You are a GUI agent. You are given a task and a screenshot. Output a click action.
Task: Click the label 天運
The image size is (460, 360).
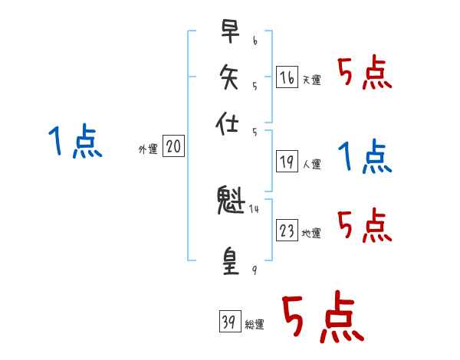click(311, 80)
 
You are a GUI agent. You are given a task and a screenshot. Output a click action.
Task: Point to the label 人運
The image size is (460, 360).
click(311, 164)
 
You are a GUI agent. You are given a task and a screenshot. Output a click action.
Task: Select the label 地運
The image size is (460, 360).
click(311, 233)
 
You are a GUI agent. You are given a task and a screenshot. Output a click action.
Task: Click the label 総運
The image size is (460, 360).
click(255, 325)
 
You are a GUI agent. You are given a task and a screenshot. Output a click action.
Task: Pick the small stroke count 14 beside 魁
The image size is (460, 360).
click(255, 208)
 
